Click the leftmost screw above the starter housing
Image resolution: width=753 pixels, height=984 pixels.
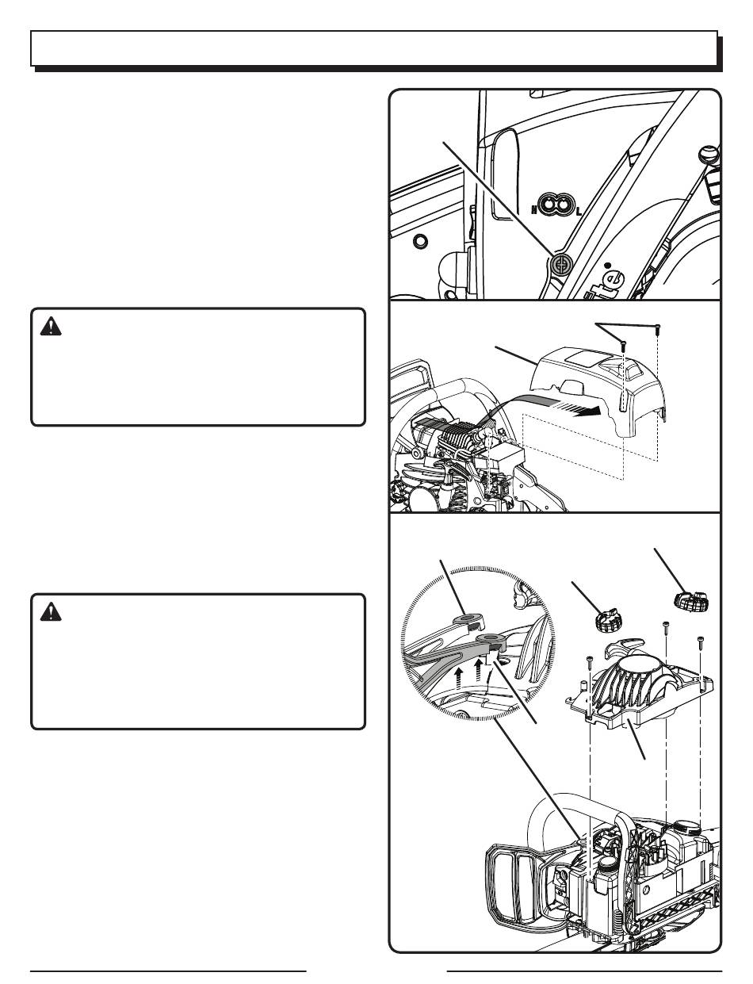[x=591, y=660]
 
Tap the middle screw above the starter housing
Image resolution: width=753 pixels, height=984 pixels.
[x=665, y=628]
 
